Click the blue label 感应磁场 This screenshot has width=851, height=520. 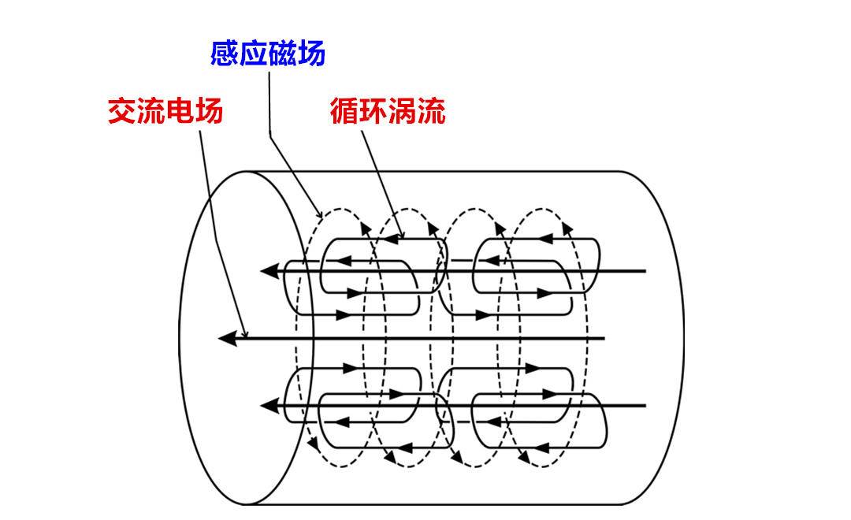point(268,54)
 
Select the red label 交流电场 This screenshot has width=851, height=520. point(165,111)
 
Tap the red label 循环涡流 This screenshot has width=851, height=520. point(387,111)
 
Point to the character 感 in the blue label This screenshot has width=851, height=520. point(225,54)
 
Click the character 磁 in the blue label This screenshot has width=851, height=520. point(282,54)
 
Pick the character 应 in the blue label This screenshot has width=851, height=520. point(254,54)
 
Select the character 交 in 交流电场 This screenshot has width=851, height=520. point(122,111)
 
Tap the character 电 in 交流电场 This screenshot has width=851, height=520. point(180,111)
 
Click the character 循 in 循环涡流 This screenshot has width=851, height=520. point(344,111)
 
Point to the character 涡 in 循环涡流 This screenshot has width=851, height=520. point(402,111)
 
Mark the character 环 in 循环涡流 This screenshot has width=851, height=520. point(373,111)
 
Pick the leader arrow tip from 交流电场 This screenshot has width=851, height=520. point(247,336)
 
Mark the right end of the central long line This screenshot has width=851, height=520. point(604,339)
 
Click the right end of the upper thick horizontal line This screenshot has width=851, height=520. point(645,271)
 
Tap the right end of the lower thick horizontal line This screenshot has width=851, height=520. point(645,407)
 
